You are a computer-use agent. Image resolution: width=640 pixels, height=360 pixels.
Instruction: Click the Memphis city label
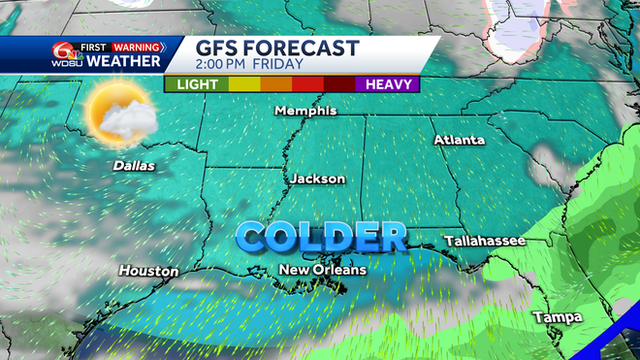click(x=305, y=111)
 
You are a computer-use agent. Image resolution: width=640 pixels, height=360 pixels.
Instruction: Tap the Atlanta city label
click(x=459, y=140)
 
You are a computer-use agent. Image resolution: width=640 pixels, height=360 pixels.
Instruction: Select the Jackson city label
click(x=317, y=179)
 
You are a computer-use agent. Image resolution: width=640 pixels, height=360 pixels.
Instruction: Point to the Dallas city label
click(x=134, y=166)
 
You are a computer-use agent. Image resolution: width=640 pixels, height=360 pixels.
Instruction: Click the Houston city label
click(x=149, y=271)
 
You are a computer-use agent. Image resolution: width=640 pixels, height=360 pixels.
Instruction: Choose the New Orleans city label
click(x=322, y=269)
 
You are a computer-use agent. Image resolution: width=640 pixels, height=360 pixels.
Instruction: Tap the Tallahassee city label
click(x=485, y=240)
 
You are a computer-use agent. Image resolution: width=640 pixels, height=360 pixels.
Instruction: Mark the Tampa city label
click(x=557, y=317)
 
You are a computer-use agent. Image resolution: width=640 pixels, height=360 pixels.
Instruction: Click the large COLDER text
click(x=322, y=236)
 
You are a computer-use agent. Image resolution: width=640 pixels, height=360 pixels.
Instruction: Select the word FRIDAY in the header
click(x=277, y=65)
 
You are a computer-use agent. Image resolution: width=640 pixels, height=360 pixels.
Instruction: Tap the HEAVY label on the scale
click(x=393, y=84)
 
